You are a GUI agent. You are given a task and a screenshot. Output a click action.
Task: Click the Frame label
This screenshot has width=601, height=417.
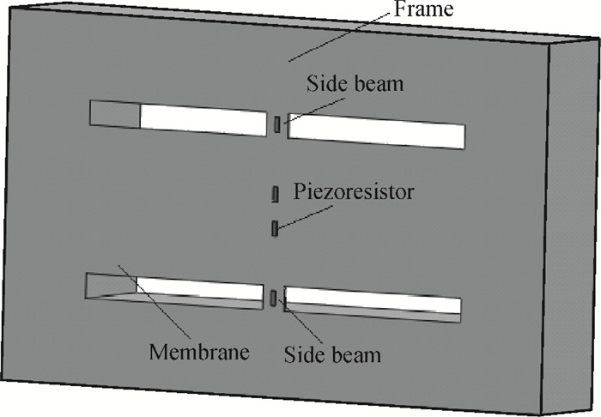423,9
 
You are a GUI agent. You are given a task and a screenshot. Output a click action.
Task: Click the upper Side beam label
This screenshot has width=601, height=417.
355,83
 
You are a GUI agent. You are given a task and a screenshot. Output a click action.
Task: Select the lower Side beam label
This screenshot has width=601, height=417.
332,354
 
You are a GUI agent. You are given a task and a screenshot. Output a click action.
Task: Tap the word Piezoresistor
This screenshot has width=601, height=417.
354,191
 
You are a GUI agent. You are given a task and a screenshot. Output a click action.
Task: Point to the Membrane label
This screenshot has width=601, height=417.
199,352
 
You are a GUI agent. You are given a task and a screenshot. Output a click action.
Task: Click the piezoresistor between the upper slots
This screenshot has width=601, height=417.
276,125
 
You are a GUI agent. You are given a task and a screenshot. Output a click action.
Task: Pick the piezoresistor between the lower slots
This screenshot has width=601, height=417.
273,299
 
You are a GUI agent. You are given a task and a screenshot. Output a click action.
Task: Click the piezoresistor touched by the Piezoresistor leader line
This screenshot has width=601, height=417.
275,228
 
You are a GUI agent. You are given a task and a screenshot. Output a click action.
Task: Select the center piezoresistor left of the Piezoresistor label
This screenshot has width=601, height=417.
276,194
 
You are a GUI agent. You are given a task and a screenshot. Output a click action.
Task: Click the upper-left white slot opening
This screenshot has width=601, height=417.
203,120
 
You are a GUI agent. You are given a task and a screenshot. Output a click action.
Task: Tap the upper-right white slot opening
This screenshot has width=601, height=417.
376,131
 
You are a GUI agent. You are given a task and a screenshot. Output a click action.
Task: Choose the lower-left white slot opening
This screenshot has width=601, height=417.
200,288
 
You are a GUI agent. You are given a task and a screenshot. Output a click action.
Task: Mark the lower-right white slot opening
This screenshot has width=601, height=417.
372,299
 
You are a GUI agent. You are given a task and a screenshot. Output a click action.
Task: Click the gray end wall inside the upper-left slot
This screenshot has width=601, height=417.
115,114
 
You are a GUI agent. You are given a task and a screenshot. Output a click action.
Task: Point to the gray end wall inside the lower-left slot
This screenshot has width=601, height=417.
111,284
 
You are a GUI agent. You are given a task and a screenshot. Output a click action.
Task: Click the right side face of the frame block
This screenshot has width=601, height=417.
571,226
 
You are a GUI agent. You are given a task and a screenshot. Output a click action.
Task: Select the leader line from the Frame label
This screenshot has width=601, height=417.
342,35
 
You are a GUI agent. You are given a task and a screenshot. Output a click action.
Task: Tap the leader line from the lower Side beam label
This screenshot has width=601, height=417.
300,321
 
